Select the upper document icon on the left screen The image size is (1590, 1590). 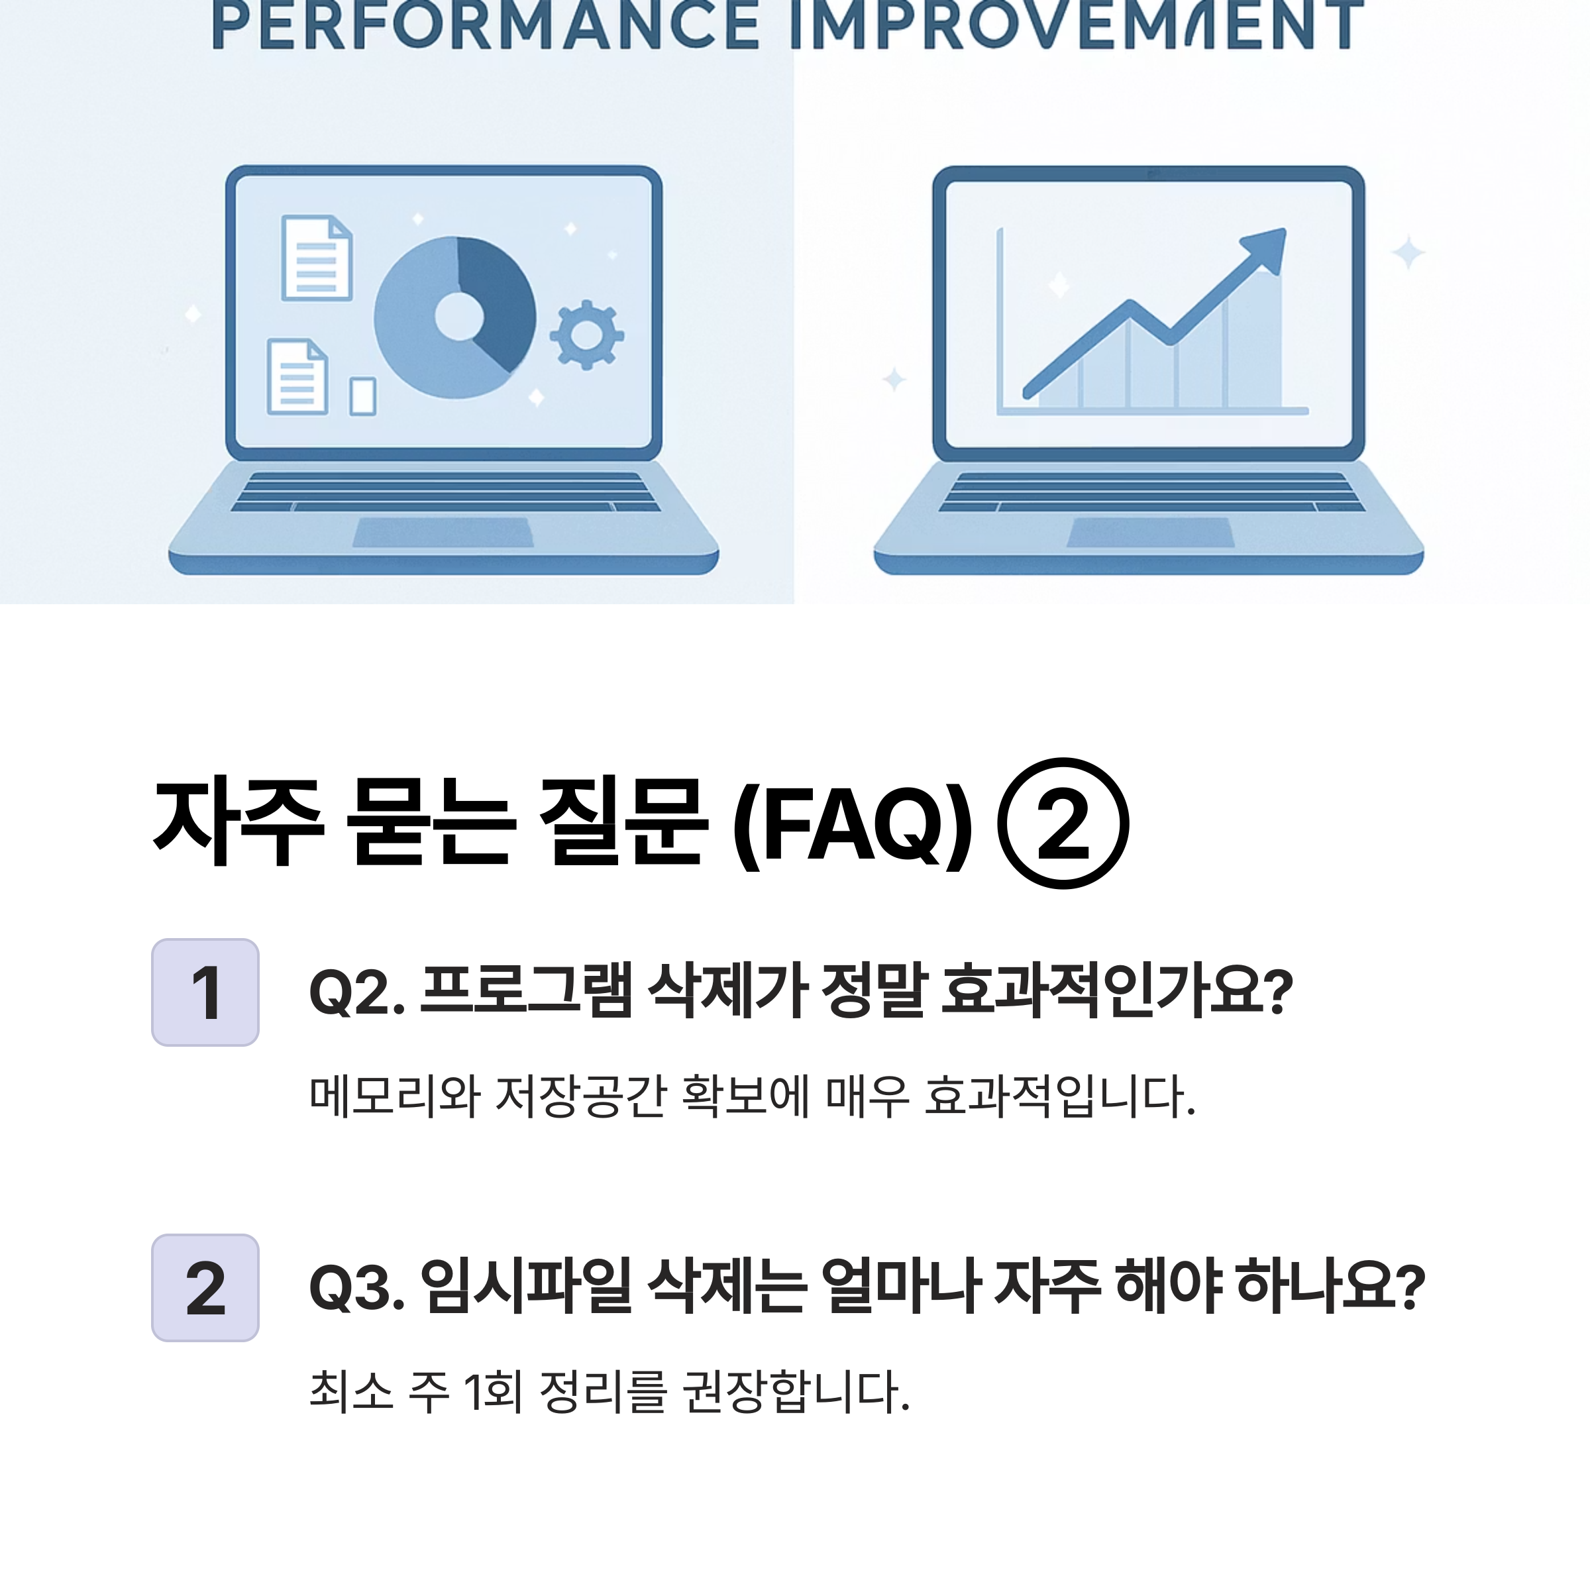(x=317, y=258)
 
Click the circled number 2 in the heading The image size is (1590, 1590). (x=1063, y=823)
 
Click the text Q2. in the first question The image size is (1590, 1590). (x=357, y=992)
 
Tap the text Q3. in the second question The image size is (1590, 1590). (x=357, y=1288)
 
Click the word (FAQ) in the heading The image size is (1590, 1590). (x=853, y=823)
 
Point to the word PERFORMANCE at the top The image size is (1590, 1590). (x=486, y=24)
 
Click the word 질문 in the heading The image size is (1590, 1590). (x=622, y=822)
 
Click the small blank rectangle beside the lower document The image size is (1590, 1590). (x=363, y=396)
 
